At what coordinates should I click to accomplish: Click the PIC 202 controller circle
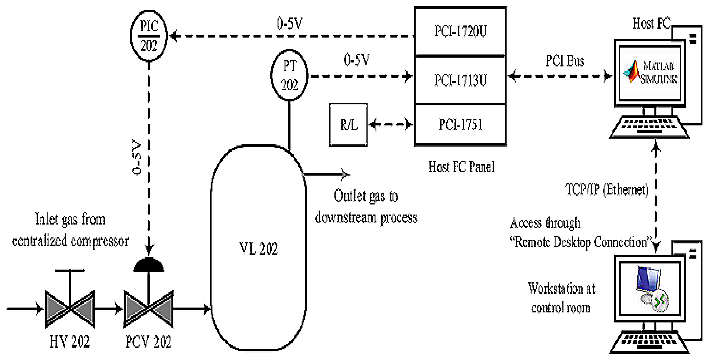(x=149, y=36)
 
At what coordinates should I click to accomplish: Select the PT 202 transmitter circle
(x=289, y=75)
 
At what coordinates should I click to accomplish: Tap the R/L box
(x=348, y=125)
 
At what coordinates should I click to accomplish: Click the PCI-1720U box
(x=460, y=31)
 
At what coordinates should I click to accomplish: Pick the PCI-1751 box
(x=460, y=125)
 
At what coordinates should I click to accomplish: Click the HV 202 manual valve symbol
(x=70, y=308)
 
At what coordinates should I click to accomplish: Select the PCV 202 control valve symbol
(x=149, y=308)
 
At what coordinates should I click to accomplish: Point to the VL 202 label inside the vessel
(x=258, y=249)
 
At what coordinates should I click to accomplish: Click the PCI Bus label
(x=565, y=61)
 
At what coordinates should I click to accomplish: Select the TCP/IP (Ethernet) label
(x=607, y=190)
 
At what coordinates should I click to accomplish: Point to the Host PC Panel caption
(x=461, y=166)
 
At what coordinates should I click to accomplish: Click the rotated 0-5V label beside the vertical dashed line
(x=137, y=157)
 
